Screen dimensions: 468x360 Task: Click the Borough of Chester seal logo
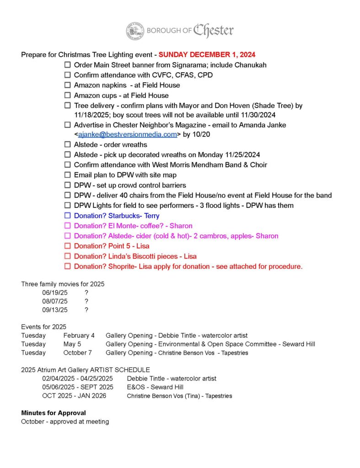135,31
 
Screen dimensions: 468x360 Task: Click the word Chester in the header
213,31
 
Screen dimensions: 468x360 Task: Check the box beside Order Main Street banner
68,65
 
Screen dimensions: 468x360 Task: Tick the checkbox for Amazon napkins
68,85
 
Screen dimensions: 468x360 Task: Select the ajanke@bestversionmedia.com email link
127,134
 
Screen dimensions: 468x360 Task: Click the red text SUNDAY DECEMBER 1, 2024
207,55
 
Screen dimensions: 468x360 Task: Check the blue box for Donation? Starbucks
68,215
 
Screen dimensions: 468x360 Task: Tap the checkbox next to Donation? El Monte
68,226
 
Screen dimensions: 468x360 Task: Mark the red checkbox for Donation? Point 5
68,246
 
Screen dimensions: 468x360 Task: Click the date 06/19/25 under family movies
55,293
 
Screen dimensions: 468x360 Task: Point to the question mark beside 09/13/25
86,309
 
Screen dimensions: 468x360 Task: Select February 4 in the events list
79,335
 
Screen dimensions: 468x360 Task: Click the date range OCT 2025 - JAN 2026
74,395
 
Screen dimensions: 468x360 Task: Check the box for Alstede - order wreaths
68,144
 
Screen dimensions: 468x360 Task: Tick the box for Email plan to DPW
68,175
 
